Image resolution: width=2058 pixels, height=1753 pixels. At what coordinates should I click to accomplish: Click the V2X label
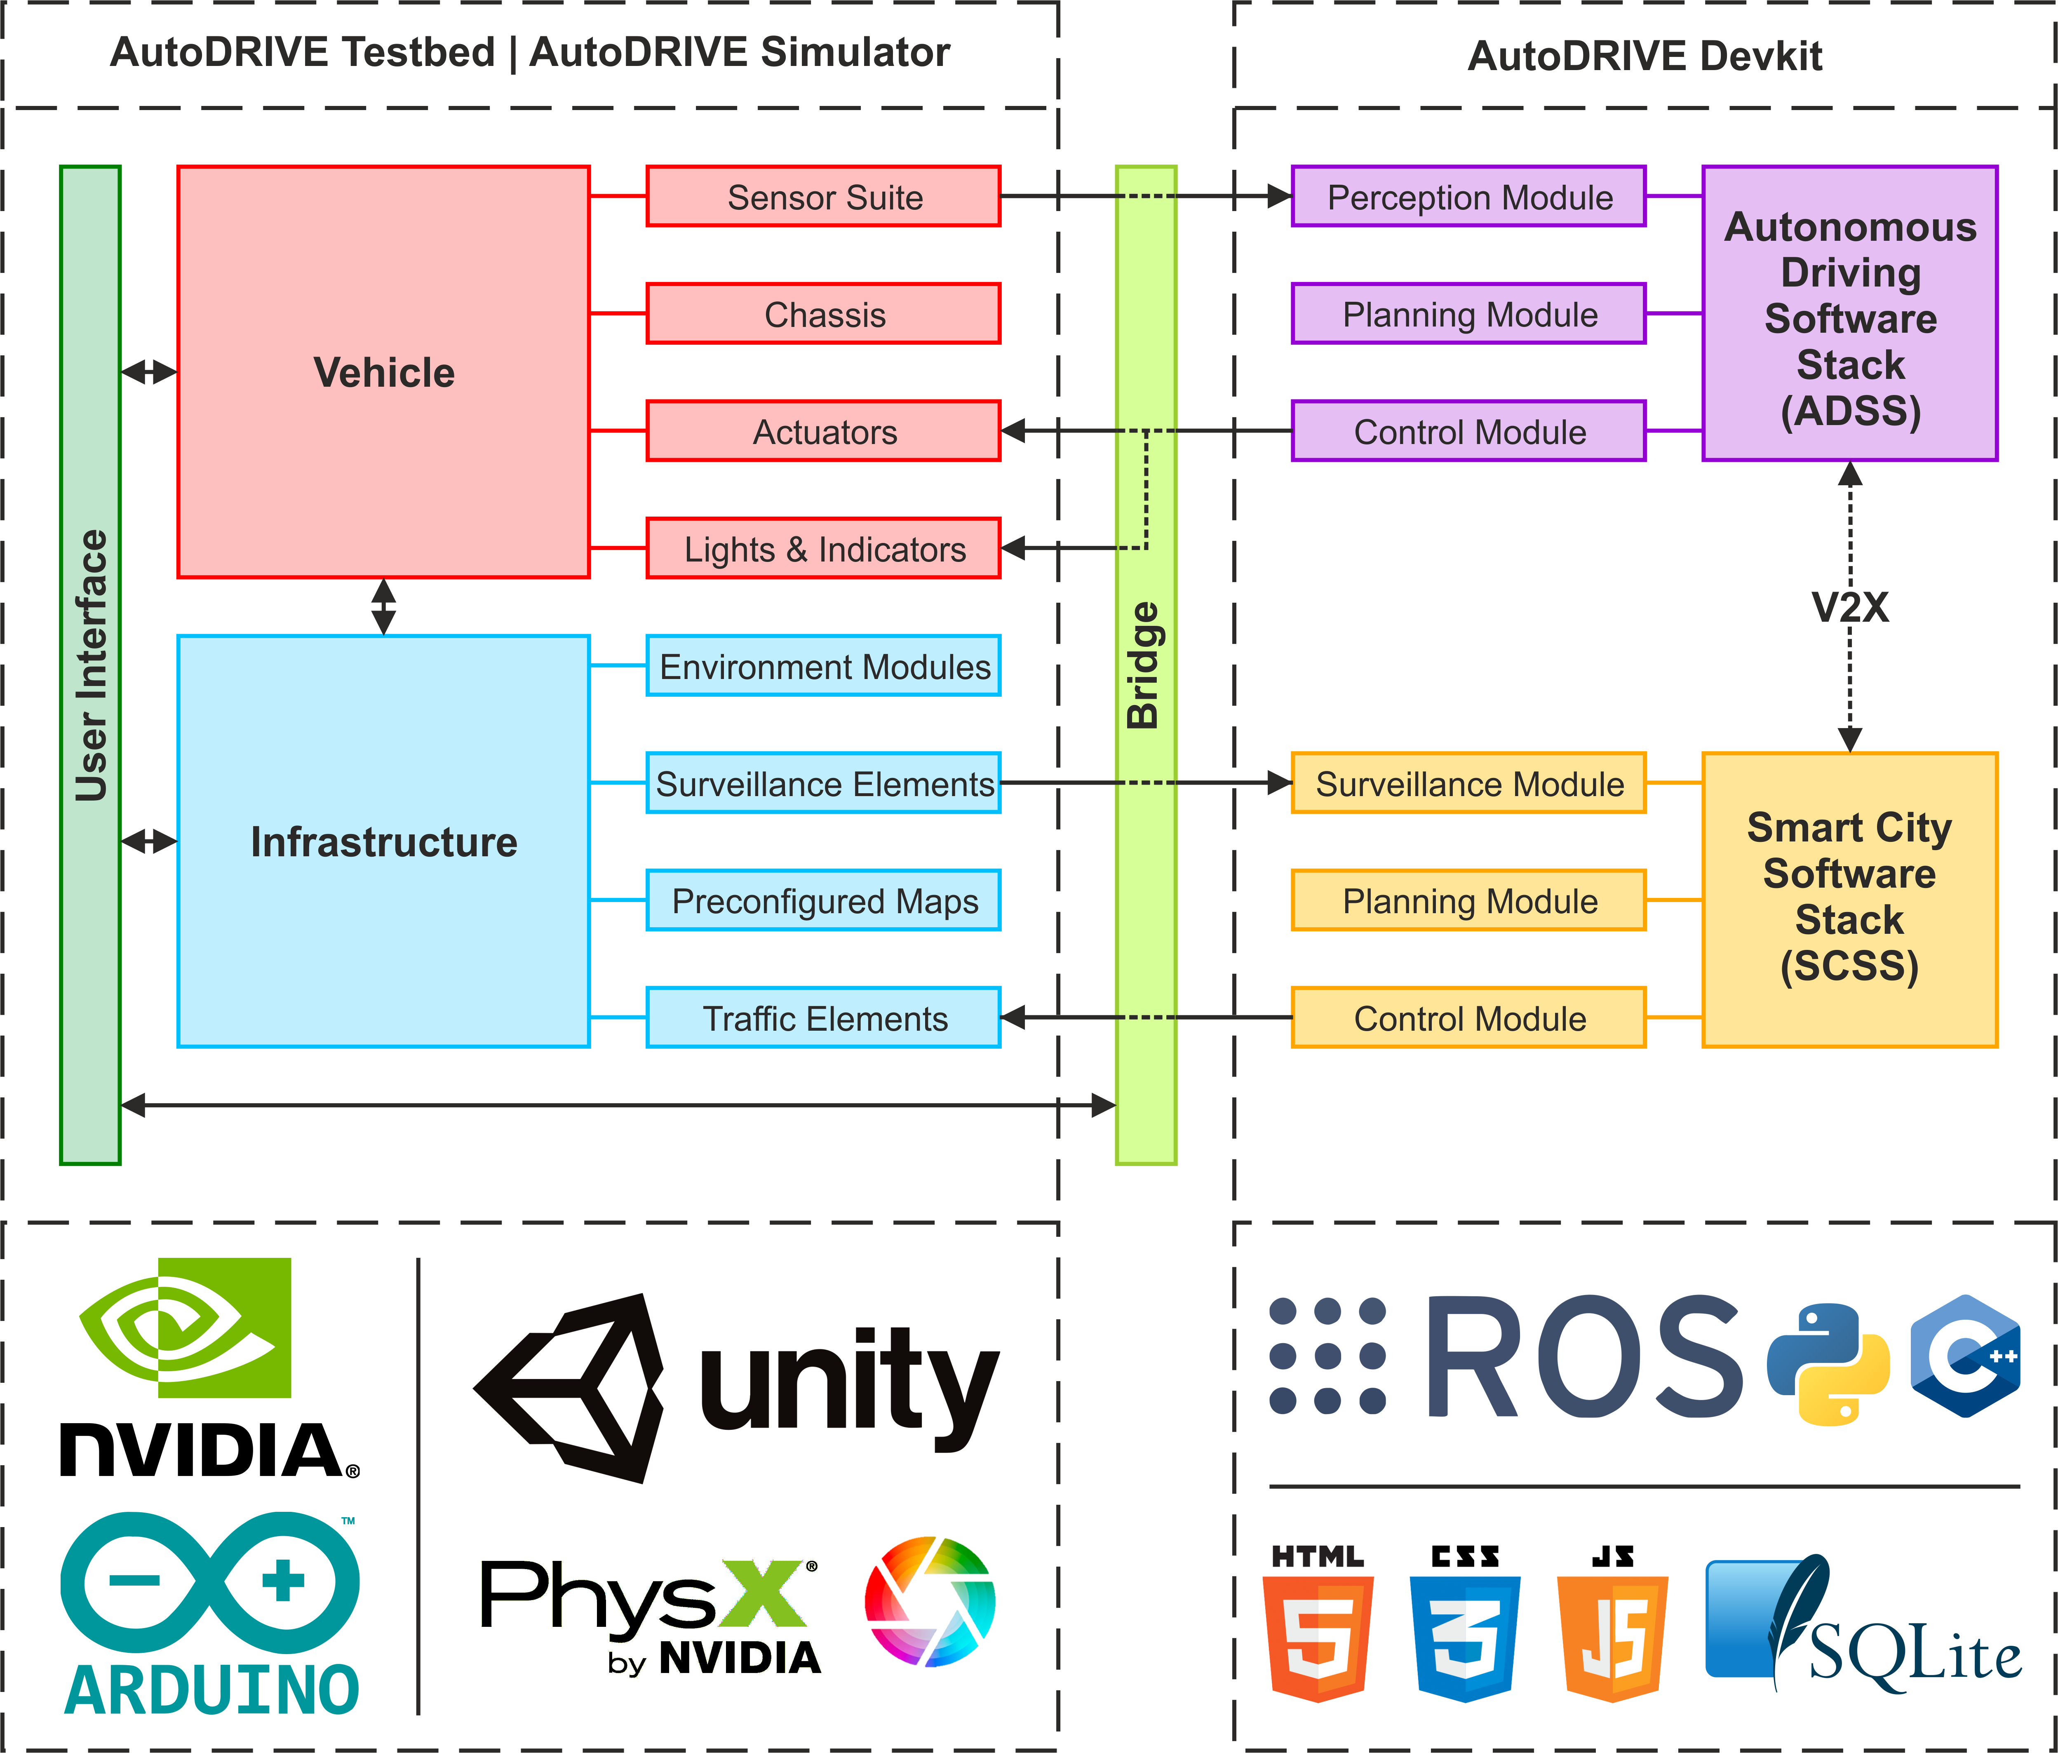(1849, 607)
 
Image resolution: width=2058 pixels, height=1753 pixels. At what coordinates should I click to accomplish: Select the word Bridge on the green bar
(1144, 665)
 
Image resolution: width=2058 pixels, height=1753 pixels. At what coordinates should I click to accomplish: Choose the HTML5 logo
(1318, 1624)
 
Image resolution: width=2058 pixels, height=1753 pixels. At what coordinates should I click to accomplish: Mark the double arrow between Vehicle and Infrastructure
(383, 607)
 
